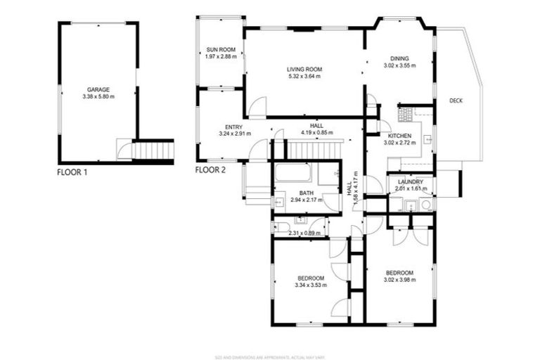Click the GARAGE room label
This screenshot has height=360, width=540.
point(98,90)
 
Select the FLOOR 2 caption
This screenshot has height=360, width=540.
point(212,170)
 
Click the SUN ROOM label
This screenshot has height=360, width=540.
point(220,49)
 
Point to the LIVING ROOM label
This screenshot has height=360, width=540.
point(304,69)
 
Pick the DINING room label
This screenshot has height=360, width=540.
point(400,58)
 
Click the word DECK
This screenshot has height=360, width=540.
point(456,101)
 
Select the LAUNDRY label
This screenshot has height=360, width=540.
point(409,181)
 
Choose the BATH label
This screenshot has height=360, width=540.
point(306,193)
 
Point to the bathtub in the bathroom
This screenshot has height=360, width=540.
point(295,173)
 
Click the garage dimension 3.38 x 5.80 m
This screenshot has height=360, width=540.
point(98,97)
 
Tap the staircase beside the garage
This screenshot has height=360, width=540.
point(153,150)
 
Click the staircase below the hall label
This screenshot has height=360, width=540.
point(314,149)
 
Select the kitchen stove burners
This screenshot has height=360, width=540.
point(405,114)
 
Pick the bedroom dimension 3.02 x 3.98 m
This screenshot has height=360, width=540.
point(399,280)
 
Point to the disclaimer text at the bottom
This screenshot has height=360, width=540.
point(270,354)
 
